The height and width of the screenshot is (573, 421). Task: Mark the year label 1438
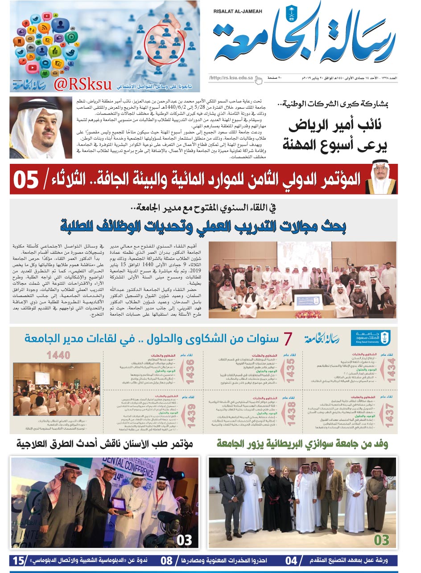[x=291, y=414]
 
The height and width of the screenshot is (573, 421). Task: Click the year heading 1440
[x=58, y=355]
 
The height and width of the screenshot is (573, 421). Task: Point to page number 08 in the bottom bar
[x=166, y=560]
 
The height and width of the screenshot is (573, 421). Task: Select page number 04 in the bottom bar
[x=291, y=560]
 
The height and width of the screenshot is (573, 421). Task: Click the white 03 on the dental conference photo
[x=184, y=540]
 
